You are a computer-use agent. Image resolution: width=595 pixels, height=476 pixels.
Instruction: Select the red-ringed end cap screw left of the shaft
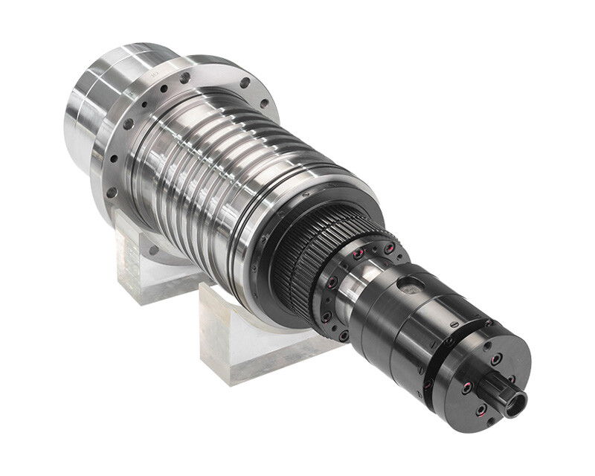466,387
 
